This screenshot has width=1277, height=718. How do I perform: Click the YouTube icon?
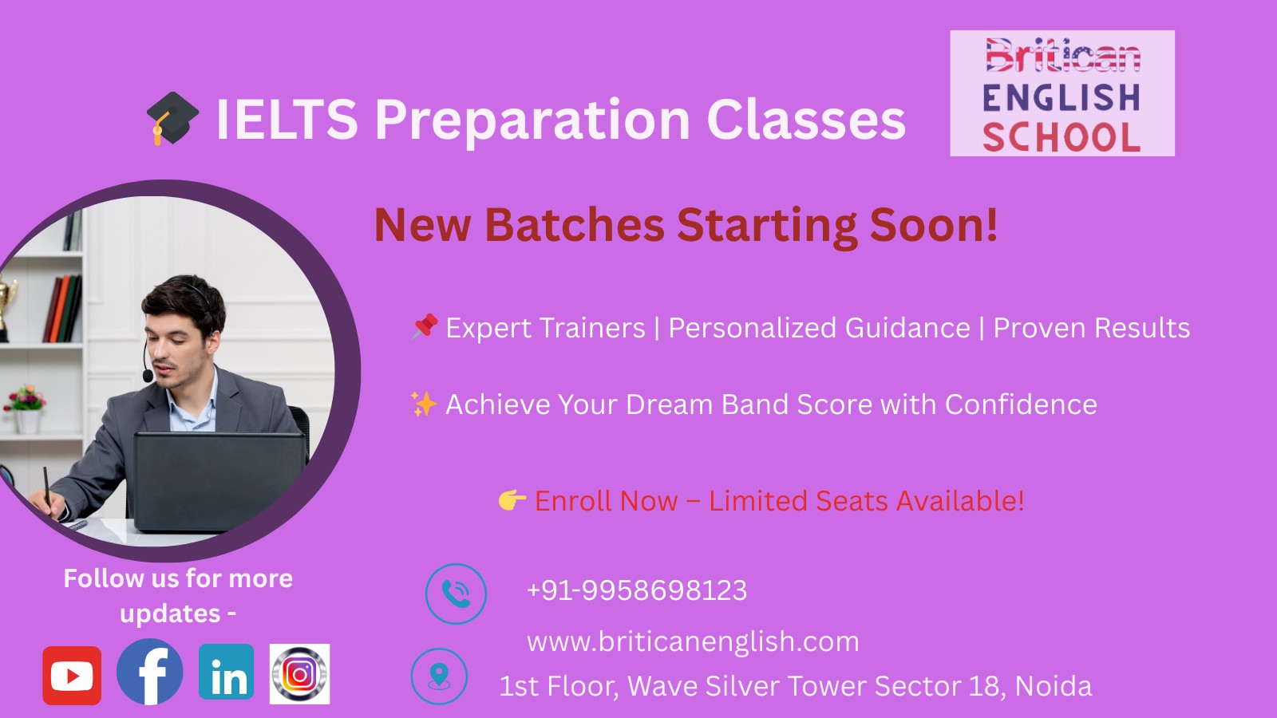(x=72, y=675)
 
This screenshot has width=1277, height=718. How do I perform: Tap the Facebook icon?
(x=150, y=672)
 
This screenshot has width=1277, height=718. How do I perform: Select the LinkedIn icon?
(x=227, y=672)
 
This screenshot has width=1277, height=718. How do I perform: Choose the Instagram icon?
(x=299, y=674)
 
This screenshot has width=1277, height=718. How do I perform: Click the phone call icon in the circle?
(x=456, y=594)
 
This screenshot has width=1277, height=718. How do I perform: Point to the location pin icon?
(x=439, y=677)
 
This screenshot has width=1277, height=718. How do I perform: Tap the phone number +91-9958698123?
(x=637, y=590)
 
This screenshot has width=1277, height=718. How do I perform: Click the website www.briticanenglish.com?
(x=693, y=642)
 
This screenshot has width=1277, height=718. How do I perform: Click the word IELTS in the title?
(x=287, y=120)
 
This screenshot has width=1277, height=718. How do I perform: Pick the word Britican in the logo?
(x=1062, y=56)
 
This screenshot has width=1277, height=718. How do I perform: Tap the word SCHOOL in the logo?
(x=1062, y=137)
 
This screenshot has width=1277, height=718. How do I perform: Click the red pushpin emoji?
(x=425, y=326)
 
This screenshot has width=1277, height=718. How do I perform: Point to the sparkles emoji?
(x=424, y=404)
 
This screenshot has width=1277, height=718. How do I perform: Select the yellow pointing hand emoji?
(x=512, y=499)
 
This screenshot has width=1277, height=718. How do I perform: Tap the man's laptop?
(x=219, y=482)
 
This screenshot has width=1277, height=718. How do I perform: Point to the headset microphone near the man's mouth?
(x=148, y=376)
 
